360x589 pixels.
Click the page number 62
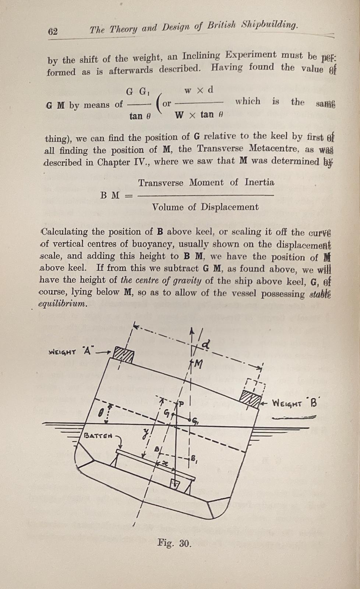click(x=53, y=31)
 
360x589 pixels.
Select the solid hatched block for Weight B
click(x=250, y=399)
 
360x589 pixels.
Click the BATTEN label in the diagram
click(x=98, y=436)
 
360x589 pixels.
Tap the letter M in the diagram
click(x=198, y=364)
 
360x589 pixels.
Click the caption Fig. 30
click(x=174, y=543)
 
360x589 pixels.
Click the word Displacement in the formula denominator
click(x=230, y=207)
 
